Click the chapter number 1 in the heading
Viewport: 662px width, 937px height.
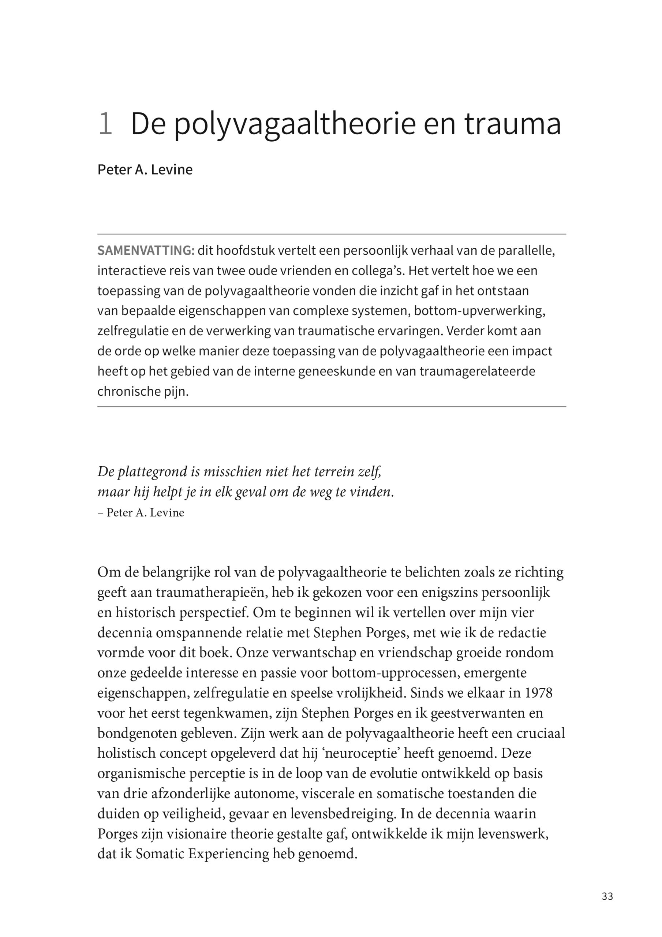pos(105,124)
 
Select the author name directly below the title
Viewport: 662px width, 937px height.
pos(145,169)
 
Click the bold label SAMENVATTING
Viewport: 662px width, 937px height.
pos(146,251)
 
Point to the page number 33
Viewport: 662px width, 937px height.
pos(607,896)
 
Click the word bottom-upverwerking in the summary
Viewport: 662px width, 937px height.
pos(479,311)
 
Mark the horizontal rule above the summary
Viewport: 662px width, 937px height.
pos(332,234)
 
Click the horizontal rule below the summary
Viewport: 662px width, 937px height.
pos(332,407)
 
